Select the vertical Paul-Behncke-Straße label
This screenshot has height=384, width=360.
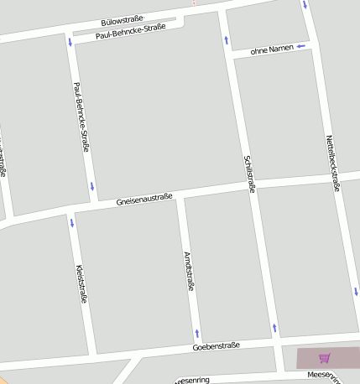point(81,117)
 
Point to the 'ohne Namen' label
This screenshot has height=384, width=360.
point(272,49)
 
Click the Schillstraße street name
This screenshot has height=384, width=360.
point(248,174)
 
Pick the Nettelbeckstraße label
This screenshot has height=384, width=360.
point(333,163)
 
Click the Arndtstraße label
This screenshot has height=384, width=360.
point(189,270)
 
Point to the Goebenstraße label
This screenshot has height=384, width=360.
point(216,345)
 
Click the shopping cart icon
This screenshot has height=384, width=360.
point(325,358)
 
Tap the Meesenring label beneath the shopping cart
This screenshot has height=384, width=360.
point(324,374)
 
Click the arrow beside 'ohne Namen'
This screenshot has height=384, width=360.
point(300,47)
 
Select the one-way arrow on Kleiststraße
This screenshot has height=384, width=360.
point(72,223)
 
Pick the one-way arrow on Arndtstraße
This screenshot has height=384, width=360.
point(197,334)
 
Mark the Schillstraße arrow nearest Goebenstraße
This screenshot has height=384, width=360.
point(274,326)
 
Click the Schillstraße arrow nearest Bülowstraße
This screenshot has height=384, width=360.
point(226,39)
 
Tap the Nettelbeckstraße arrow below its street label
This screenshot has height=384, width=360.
point(355,292)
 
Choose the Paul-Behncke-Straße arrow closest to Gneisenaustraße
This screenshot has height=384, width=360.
point(91,186)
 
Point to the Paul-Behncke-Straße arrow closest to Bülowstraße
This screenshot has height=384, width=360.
point(70,41)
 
